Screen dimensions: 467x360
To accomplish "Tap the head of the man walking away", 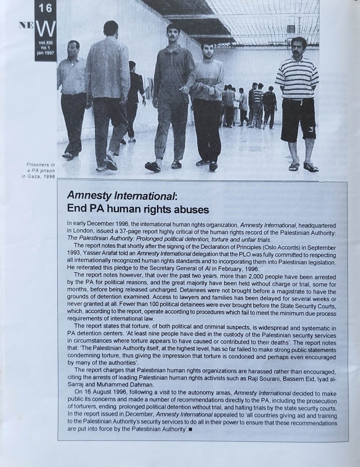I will (x=110, y=28).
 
